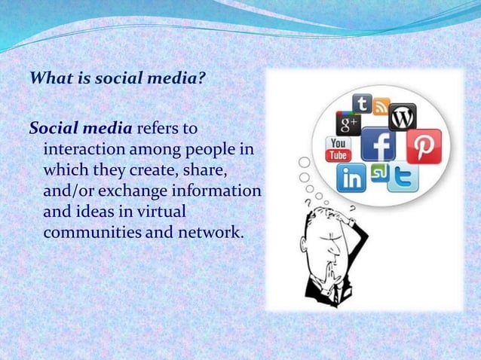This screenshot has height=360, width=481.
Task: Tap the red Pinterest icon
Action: pyautogui.click(x=423, y=145)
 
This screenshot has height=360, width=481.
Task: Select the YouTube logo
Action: pyautogui.click(x=337, y=149)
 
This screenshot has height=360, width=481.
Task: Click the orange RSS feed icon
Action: pyautogui.click(x=381, y=105)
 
